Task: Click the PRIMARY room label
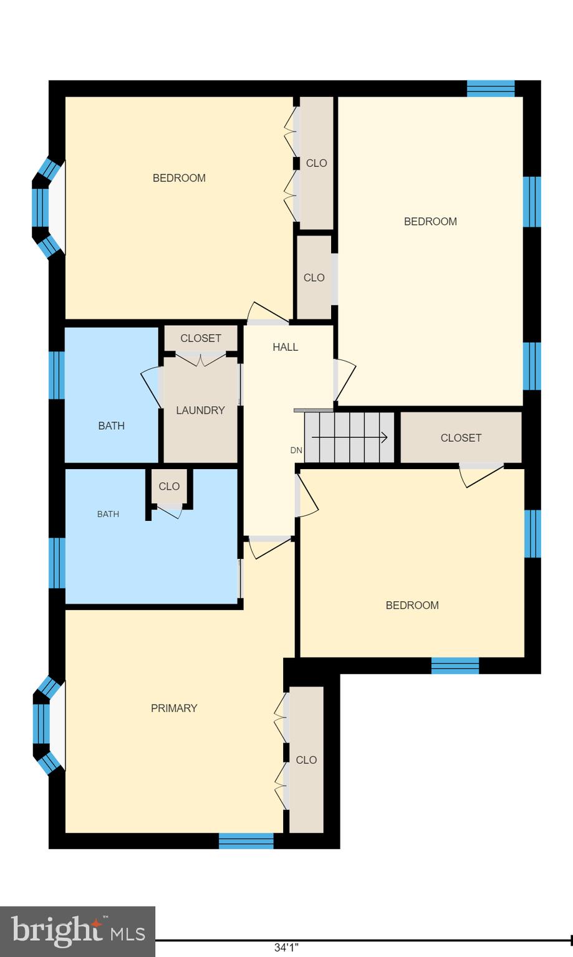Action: [x=174, y=708]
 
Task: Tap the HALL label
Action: [x=285, y=347]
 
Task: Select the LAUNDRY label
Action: [x=200, y=410]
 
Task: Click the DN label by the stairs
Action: [x=296, y=450]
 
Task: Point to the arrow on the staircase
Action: [x=350, y=437]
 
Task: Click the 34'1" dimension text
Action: [x=286, y=948]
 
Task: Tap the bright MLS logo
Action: [x=77, y=931]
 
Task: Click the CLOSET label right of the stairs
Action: [x=461, y=438]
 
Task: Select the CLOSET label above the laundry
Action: [x=201, y=338]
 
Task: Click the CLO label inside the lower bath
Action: [x=169, y=487]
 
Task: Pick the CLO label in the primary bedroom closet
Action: [x=306, y=760]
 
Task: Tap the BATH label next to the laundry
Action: [x=111, y=426]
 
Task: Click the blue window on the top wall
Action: [x=491, y=88]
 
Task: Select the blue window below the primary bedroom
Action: [x=246, y=841]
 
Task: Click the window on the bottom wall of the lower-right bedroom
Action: [x=455, y=665]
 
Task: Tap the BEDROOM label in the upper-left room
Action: [x=179, y=178]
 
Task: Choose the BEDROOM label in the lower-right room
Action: [x=412, y=605]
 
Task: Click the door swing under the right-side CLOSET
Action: [x=481, y=475]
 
